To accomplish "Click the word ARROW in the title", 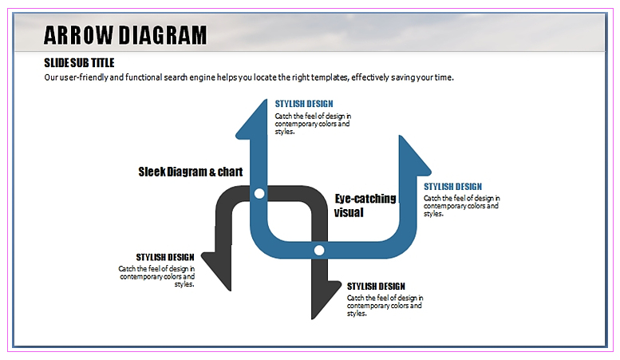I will (x=78, y=35).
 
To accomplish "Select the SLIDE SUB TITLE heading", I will (x=79, y=62).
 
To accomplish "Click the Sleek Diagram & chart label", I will (x=190, y=172).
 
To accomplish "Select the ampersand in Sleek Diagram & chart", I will (x=213, y=172).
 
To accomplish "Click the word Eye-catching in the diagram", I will (x=365, y=199).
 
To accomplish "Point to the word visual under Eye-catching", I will (x=349, y=212).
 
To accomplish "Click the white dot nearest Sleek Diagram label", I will (x=259, y=194).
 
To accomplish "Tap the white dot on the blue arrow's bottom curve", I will (x=319, y=251).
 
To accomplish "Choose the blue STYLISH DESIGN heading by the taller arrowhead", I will (x=304, y=104).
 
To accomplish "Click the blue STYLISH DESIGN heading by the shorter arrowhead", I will (x=452, y=187).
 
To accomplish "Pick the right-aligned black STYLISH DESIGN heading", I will (x=165, y=257).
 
